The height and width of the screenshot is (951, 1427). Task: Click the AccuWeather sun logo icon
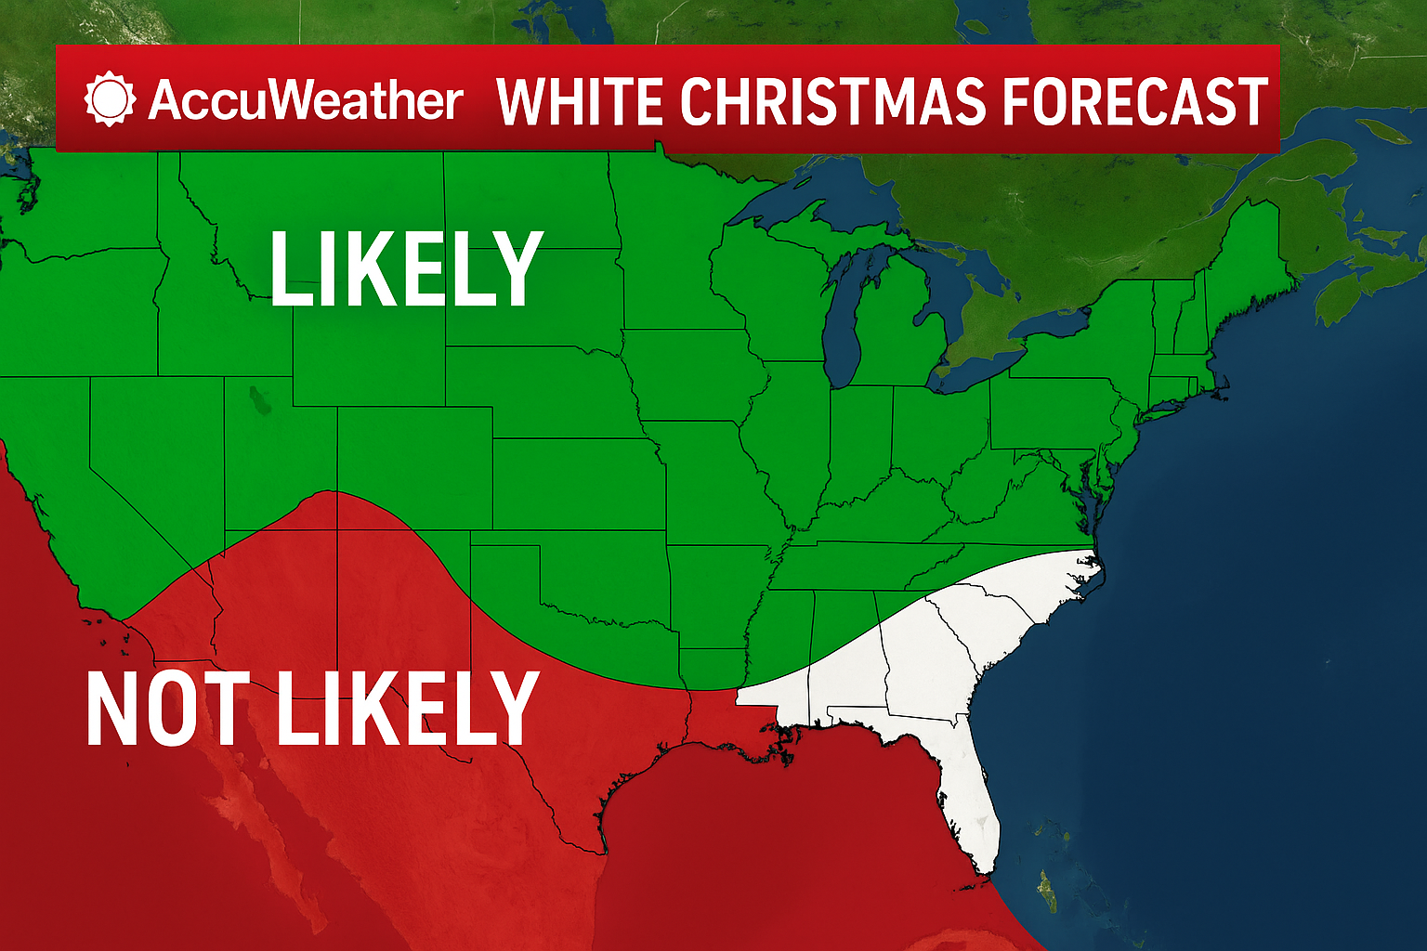[x=110, y=98]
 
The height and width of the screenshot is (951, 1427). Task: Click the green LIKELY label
[x=406, y=269]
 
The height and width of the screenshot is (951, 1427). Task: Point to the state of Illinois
[x=790, y=436]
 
